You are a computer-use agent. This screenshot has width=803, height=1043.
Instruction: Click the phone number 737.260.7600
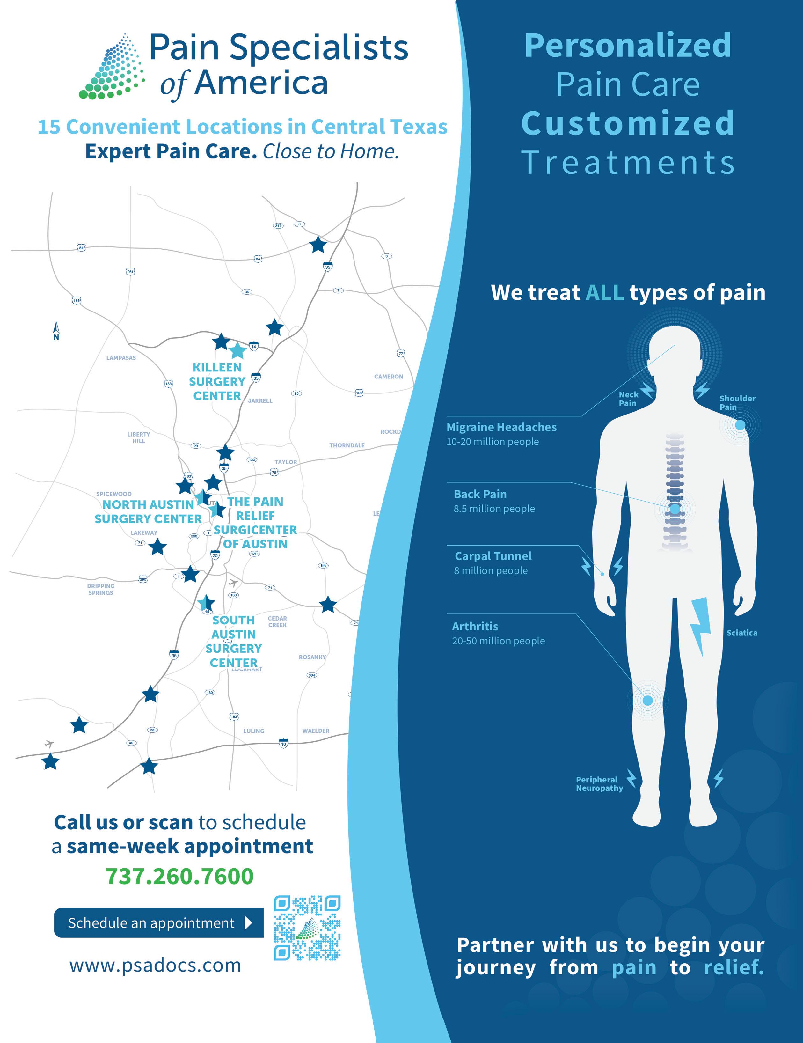pos(179,876)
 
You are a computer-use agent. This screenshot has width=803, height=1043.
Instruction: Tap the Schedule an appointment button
pos(158,923)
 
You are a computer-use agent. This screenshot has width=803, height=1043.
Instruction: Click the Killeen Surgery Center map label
pos(217,382)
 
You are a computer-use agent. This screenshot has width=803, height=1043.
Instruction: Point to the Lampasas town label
pos(121,358)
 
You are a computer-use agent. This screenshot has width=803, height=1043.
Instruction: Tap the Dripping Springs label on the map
pos(101,589)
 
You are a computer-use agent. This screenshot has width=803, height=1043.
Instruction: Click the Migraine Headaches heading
pos(501,427)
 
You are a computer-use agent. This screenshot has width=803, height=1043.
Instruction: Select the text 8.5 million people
pos(494,509)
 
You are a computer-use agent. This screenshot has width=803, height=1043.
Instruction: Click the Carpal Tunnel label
pos(493,556)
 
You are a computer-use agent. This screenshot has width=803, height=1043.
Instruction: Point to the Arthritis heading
pos(475,626)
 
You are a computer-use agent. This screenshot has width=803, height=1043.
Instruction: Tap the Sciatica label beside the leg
pos(741,633)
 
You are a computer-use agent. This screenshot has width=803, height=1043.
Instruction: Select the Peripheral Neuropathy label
pos(599,784)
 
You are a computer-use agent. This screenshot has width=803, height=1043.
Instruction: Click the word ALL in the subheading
pos(604,292)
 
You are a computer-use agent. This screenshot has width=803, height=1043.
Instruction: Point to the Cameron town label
pos(389,376)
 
